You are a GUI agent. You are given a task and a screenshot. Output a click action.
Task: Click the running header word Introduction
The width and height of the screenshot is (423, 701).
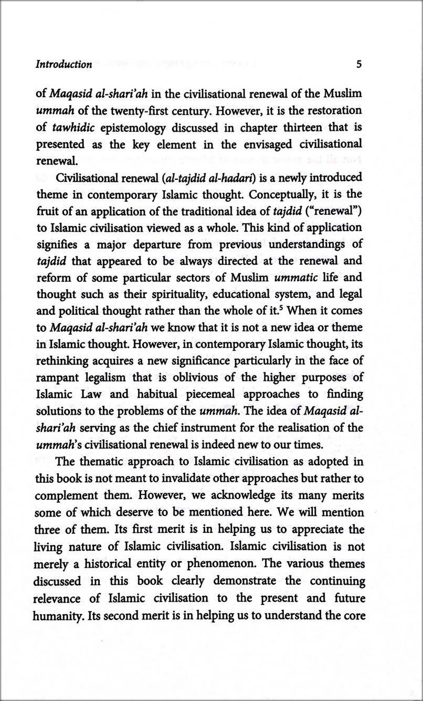64,65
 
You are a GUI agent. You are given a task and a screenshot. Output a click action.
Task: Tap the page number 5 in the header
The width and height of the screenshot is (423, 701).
359,65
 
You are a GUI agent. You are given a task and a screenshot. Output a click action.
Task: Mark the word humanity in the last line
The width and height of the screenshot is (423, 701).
56,615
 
